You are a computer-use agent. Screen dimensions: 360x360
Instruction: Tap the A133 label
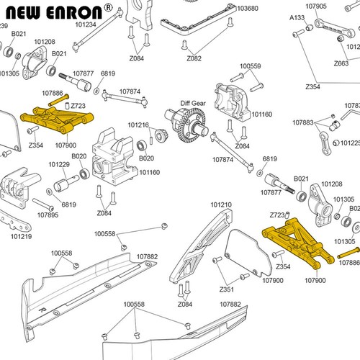point(297,17)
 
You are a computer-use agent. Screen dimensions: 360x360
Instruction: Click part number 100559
point(250,66)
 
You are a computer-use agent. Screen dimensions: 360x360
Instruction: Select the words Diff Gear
point(193,102)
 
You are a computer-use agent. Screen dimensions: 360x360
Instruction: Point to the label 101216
point(138,125)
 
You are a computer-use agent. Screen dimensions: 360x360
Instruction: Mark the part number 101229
point(59,164)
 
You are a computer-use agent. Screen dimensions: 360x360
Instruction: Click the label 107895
point(48,215)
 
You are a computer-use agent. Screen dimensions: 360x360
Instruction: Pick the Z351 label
point(226,289)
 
